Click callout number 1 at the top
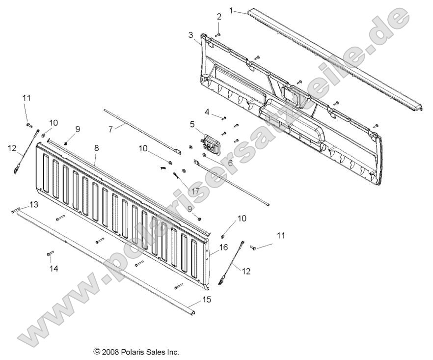tap(231, 9)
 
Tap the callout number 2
tap(218, 16)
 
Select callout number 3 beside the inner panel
tap(190, 35)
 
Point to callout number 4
tap(207, 112)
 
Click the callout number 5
tap(192, 124)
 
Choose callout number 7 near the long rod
tap(110, 129)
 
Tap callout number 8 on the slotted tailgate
tap(97, 147)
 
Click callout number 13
tap(33, 204)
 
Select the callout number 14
tap(54, 269)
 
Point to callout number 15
tap(207, 299)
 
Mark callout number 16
tap(223, 248)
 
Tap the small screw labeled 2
tap(218, 34)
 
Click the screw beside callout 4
tap(224, 118)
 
